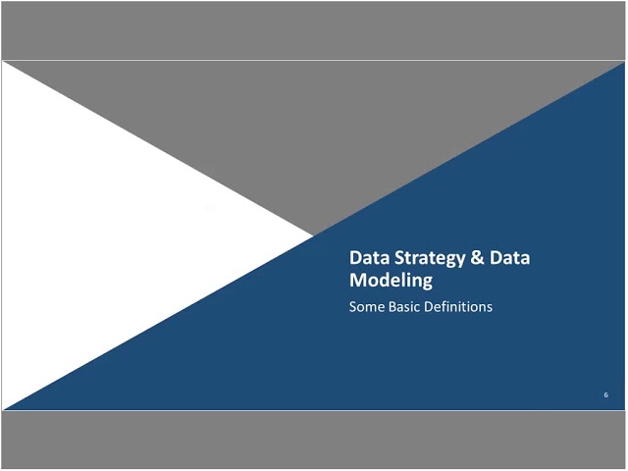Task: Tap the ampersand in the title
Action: click(477, 258)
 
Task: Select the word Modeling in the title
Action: click(392, 281)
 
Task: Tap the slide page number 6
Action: click(606, 394)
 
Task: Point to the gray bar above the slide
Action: click(314, 29)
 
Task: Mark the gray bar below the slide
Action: click(314, 441)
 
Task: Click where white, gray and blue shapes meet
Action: click(313, 235)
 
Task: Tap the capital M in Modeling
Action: click(358, 281)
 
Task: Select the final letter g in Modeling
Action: click(427, 283)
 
